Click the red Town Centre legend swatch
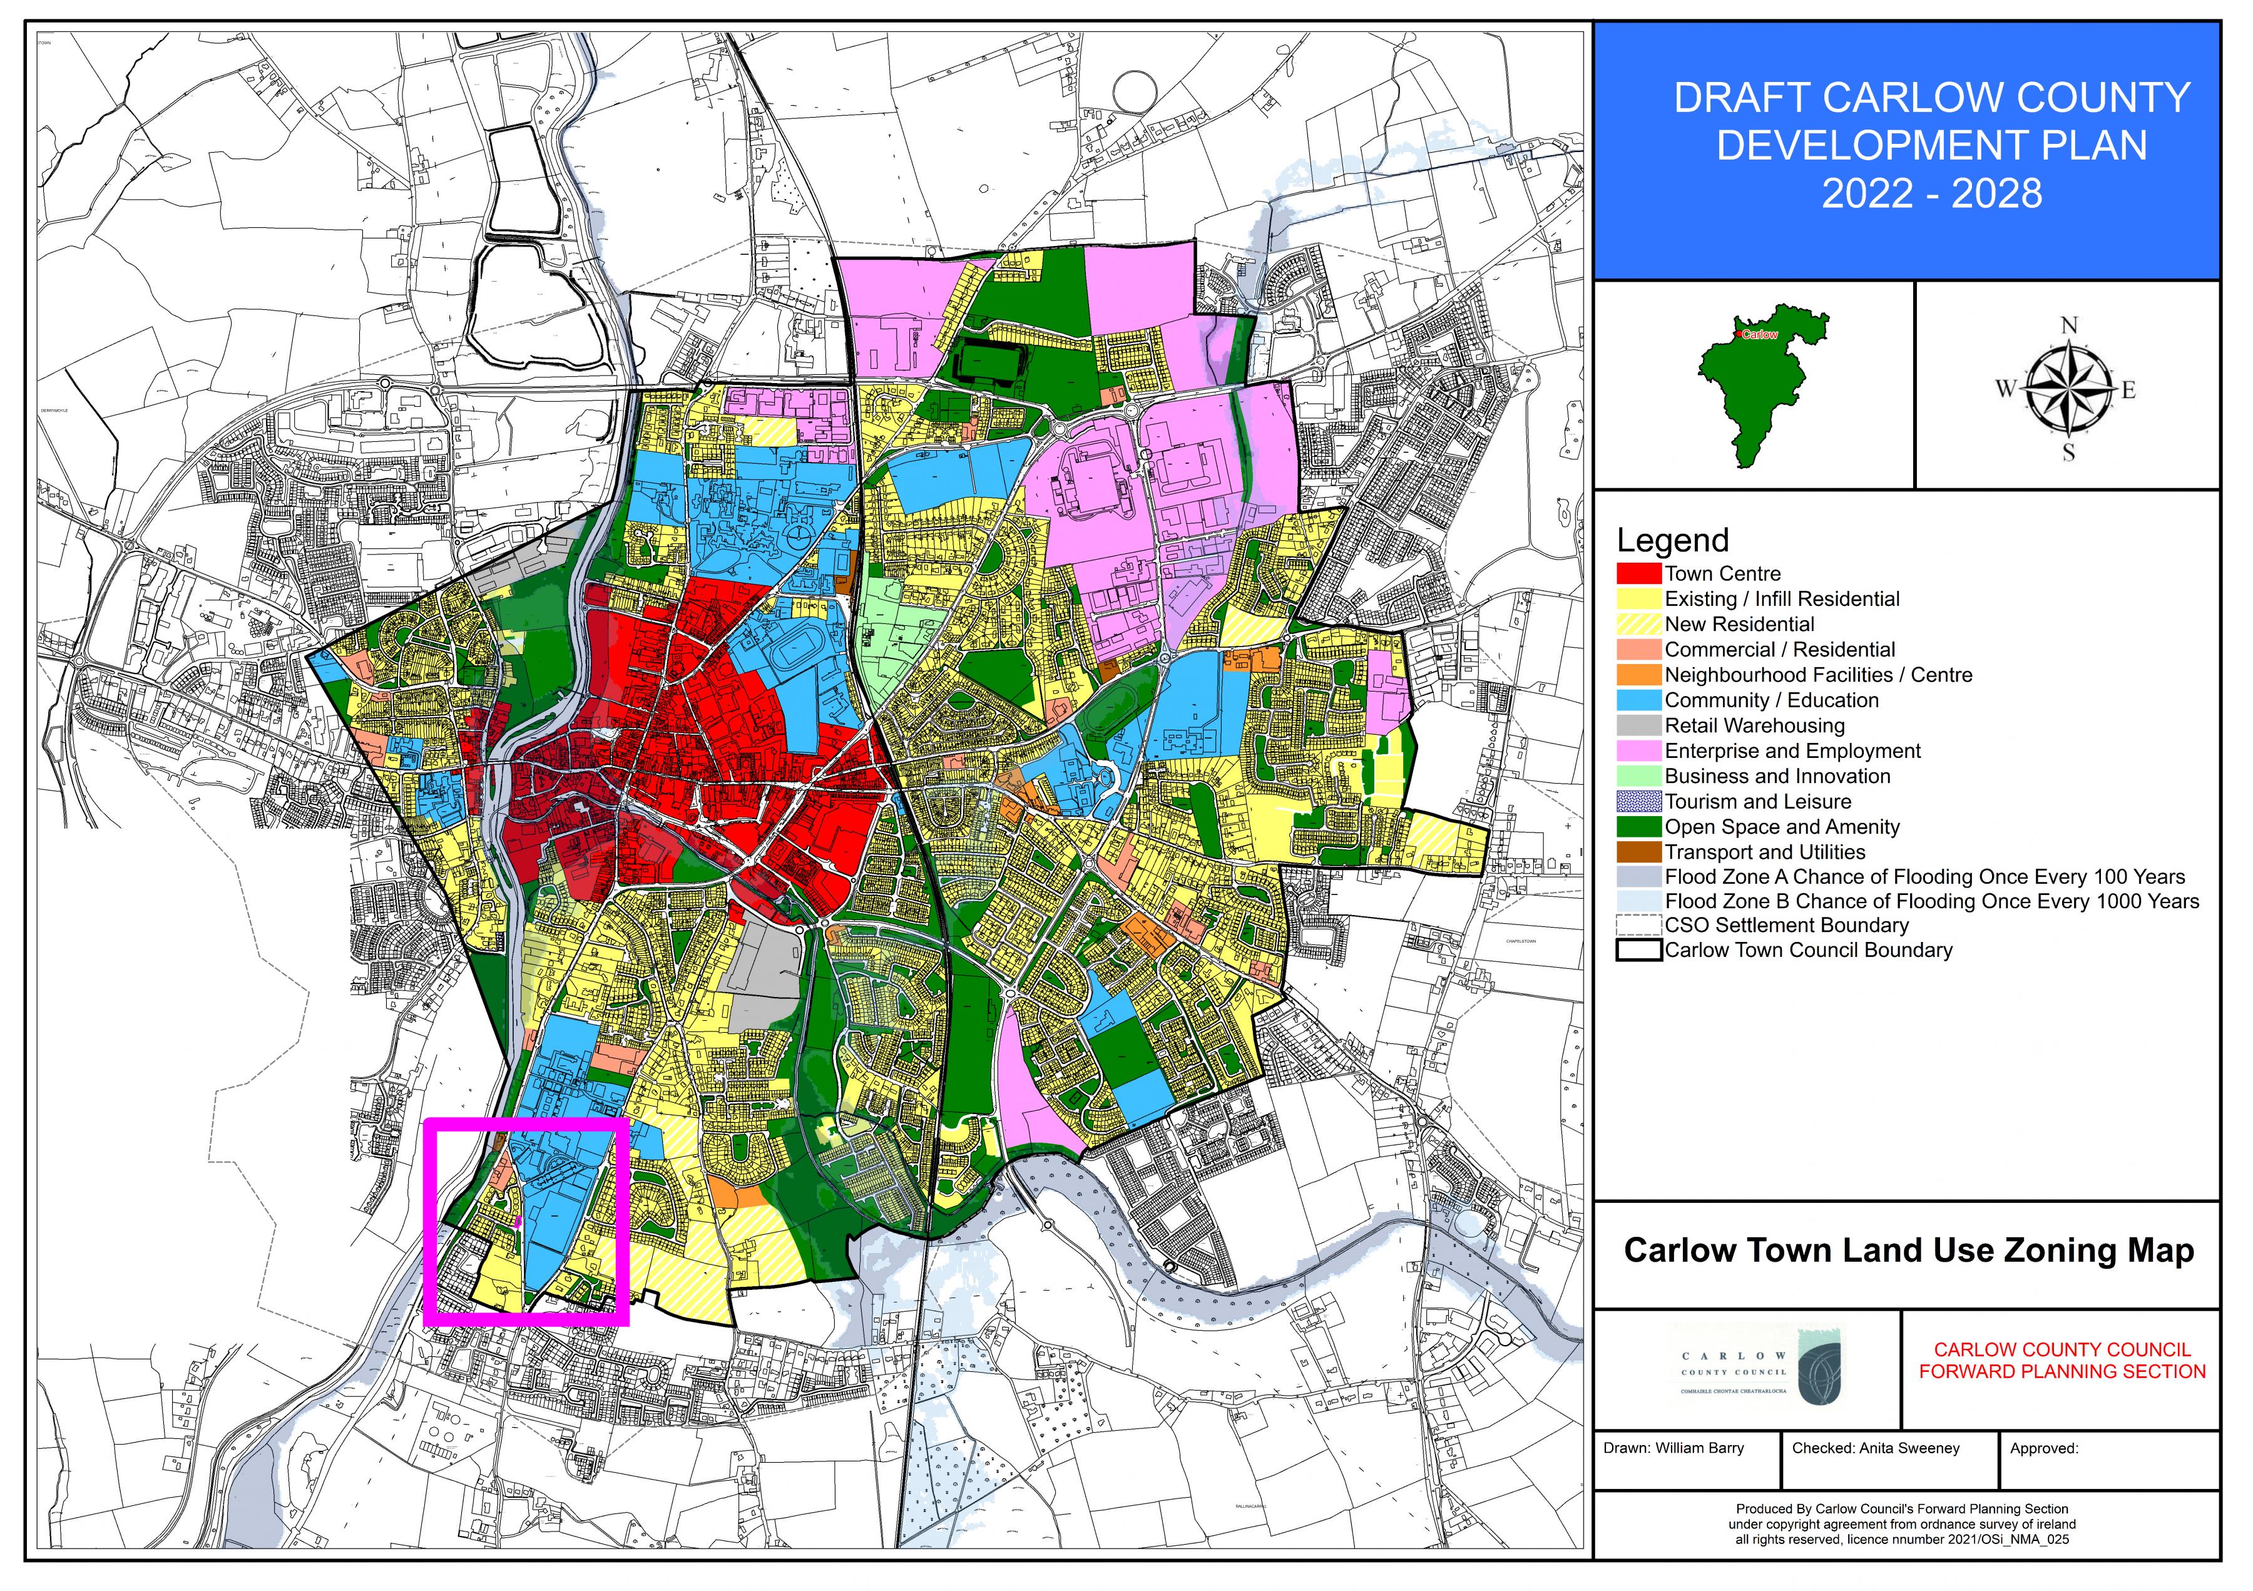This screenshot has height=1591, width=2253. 1638,573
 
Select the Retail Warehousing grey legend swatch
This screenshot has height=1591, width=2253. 1638,726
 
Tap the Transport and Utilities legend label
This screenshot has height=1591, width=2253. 1764,852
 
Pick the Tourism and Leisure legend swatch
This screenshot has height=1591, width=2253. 1638,802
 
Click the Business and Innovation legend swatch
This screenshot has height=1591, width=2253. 1638,776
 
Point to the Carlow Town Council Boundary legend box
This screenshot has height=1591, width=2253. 1638,950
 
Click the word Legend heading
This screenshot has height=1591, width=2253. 1672,541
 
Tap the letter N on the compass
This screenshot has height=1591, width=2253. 2068,326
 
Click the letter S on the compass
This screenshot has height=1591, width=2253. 2068,453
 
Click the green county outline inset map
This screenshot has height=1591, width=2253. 1757,392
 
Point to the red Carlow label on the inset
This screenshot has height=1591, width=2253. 1759,335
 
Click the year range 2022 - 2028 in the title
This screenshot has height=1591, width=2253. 1931,193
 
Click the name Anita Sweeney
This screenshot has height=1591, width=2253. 1909,1448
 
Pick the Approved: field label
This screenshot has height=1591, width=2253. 2044,1448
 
